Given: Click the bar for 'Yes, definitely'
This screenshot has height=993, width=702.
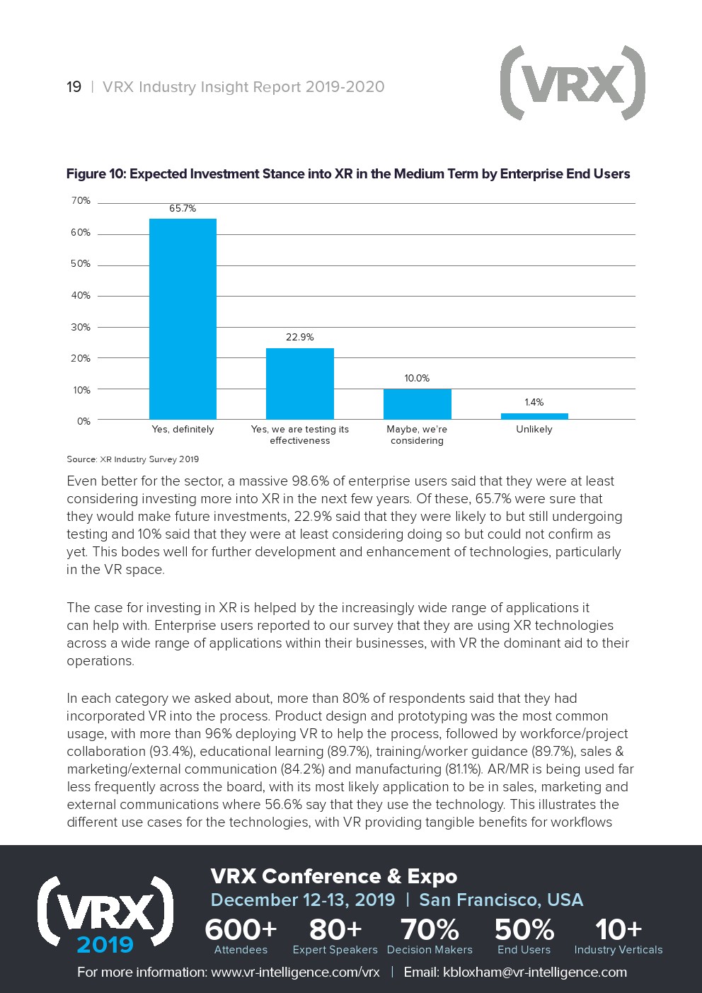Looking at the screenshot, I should tap(183, 318).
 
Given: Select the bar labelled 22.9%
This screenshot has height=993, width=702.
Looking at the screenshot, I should tap(299, 384).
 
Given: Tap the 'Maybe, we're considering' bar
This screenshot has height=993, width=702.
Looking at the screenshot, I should tap(417, 404).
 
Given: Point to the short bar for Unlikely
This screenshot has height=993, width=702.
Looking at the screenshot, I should tap(534, 416).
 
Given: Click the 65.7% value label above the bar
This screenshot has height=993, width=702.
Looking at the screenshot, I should tap(183, 209).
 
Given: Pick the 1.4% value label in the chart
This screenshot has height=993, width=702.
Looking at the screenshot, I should tap(534, 403).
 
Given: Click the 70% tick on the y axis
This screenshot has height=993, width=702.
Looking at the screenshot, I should tap(81, 201).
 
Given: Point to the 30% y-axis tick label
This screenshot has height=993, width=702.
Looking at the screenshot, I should tap(81, 328).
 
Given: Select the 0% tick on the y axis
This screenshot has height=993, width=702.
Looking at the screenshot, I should tap(84, 422).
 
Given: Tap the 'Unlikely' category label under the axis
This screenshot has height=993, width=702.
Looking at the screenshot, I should tap(534, 430).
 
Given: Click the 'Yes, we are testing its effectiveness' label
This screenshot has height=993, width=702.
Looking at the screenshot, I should tap(300, 435).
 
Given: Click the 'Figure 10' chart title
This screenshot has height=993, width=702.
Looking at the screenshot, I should tap(347, 174).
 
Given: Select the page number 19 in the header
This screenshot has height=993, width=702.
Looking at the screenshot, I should tap(74, 87).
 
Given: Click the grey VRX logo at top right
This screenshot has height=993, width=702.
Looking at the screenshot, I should tap(572, 84).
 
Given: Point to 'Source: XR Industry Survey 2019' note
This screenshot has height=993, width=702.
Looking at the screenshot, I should tap(133, 459).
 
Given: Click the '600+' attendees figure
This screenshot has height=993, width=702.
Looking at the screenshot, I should tap(241, 929).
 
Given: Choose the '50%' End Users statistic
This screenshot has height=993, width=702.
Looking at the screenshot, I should tap(524, 929).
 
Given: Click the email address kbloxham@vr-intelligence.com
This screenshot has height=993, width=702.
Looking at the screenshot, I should tap(534, 972).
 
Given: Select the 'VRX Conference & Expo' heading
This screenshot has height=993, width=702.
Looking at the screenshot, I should tap(334, 876).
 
